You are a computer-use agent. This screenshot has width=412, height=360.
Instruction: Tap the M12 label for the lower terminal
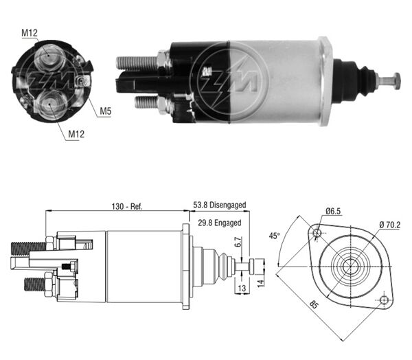[76, 134]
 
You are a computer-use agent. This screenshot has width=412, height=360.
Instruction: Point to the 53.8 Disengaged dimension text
[219, 205]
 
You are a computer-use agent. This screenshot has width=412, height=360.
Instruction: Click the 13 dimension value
[241, 289]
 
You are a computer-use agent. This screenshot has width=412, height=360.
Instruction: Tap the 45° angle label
[274, 236]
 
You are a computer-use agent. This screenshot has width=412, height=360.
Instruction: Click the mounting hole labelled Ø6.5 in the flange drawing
[317, 234]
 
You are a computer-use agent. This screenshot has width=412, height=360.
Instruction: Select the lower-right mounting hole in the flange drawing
[384, 300]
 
